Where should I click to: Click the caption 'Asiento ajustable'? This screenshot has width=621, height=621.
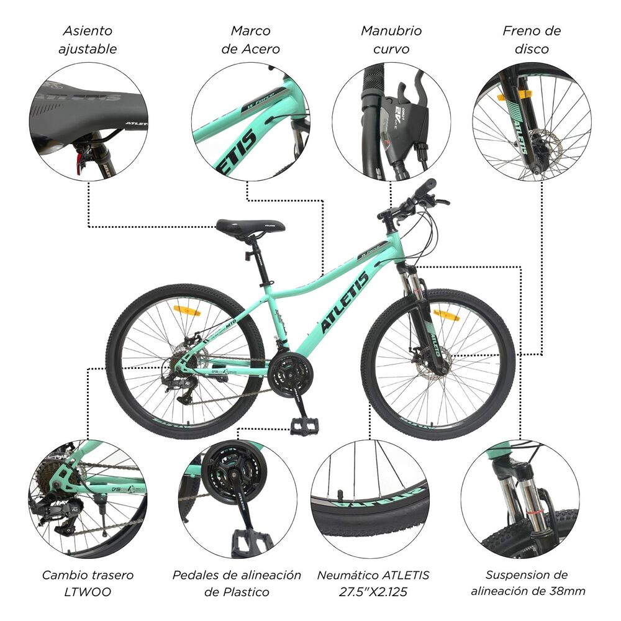tap(88, 39)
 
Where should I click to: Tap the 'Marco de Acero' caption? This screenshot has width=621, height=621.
tap(251, 39)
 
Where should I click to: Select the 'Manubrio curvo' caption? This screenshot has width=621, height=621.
tap(391, 39)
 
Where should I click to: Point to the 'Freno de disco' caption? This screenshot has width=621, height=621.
tap(532, 39)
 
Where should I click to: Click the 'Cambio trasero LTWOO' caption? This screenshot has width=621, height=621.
tap(88, 583)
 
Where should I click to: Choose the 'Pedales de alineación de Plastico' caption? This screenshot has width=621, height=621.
tap(237, 583)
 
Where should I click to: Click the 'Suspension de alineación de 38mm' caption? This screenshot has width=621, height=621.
tap(528, 583)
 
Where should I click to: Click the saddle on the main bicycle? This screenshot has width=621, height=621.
tap(250, 228)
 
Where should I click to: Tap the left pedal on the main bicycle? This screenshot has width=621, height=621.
tap(304, 425)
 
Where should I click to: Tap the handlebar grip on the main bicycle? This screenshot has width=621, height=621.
tap(425, 188)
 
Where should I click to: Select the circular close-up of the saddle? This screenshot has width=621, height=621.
tap(88, 121)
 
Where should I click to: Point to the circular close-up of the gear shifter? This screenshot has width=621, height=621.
tap(391, 121)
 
